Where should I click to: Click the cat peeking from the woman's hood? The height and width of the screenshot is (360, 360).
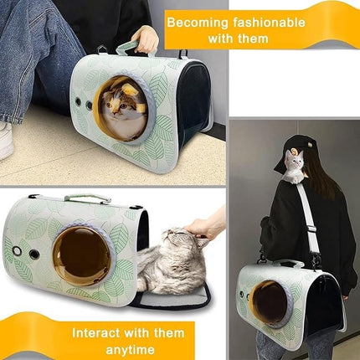point(294,164)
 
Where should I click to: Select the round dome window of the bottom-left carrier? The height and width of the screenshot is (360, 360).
point(82,255)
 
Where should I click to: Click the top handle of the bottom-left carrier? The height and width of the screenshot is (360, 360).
point(88,198)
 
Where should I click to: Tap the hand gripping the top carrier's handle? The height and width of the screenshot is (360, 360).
point(147,38)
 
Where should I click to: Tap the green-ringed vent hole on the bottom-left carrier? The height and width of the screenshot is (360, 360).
point(17,250)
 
